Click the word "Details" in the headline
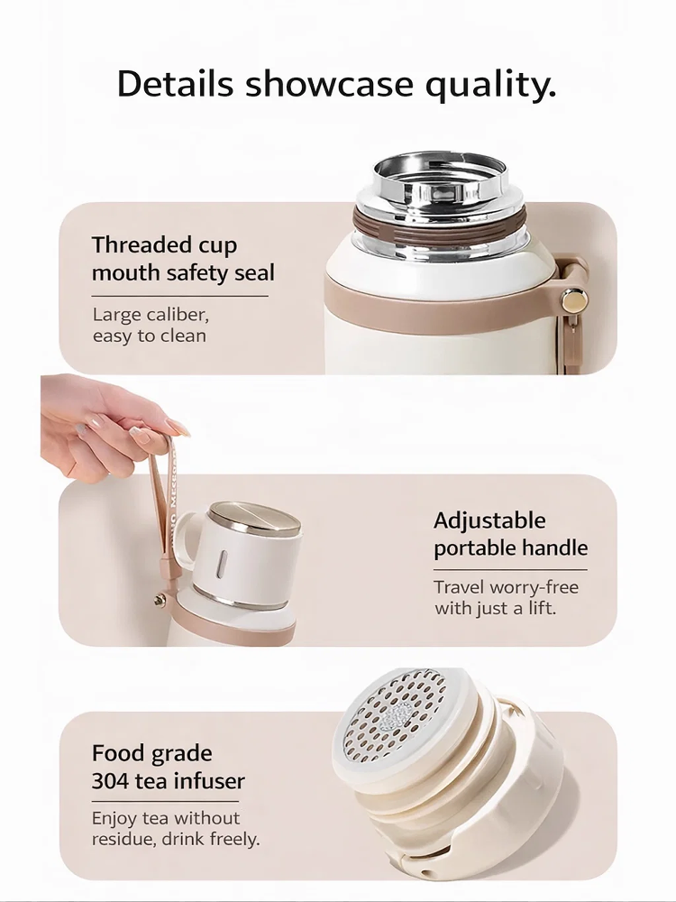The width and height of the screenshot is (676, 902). pyautogui.click(x=176, y=84)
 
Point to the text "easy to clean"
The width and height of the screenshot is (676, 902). pyautogui.click(x=150, y=336)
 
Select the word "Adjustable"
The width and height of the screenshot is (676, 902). pyautogui.click(x=489, y=520)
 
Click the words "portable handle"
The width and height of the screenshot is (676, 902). pyautogui.click(x=510, y=548)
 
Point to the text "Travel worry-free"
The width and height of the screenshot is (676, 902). pyautogui.click(x=507, y=588)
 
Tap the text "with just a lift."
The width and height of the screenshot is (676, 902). pyautogui.click(x=496, y=609)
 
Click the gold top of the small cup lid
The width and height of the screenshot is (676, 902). pyautogui.click(x=255, y=518)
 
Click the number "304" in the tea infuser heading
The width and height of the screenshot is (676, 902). pyautogui.click(x=110, y=781)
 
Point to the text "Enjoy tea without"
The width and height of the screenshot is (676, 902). pyautogui.click(x=166, y=818)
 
